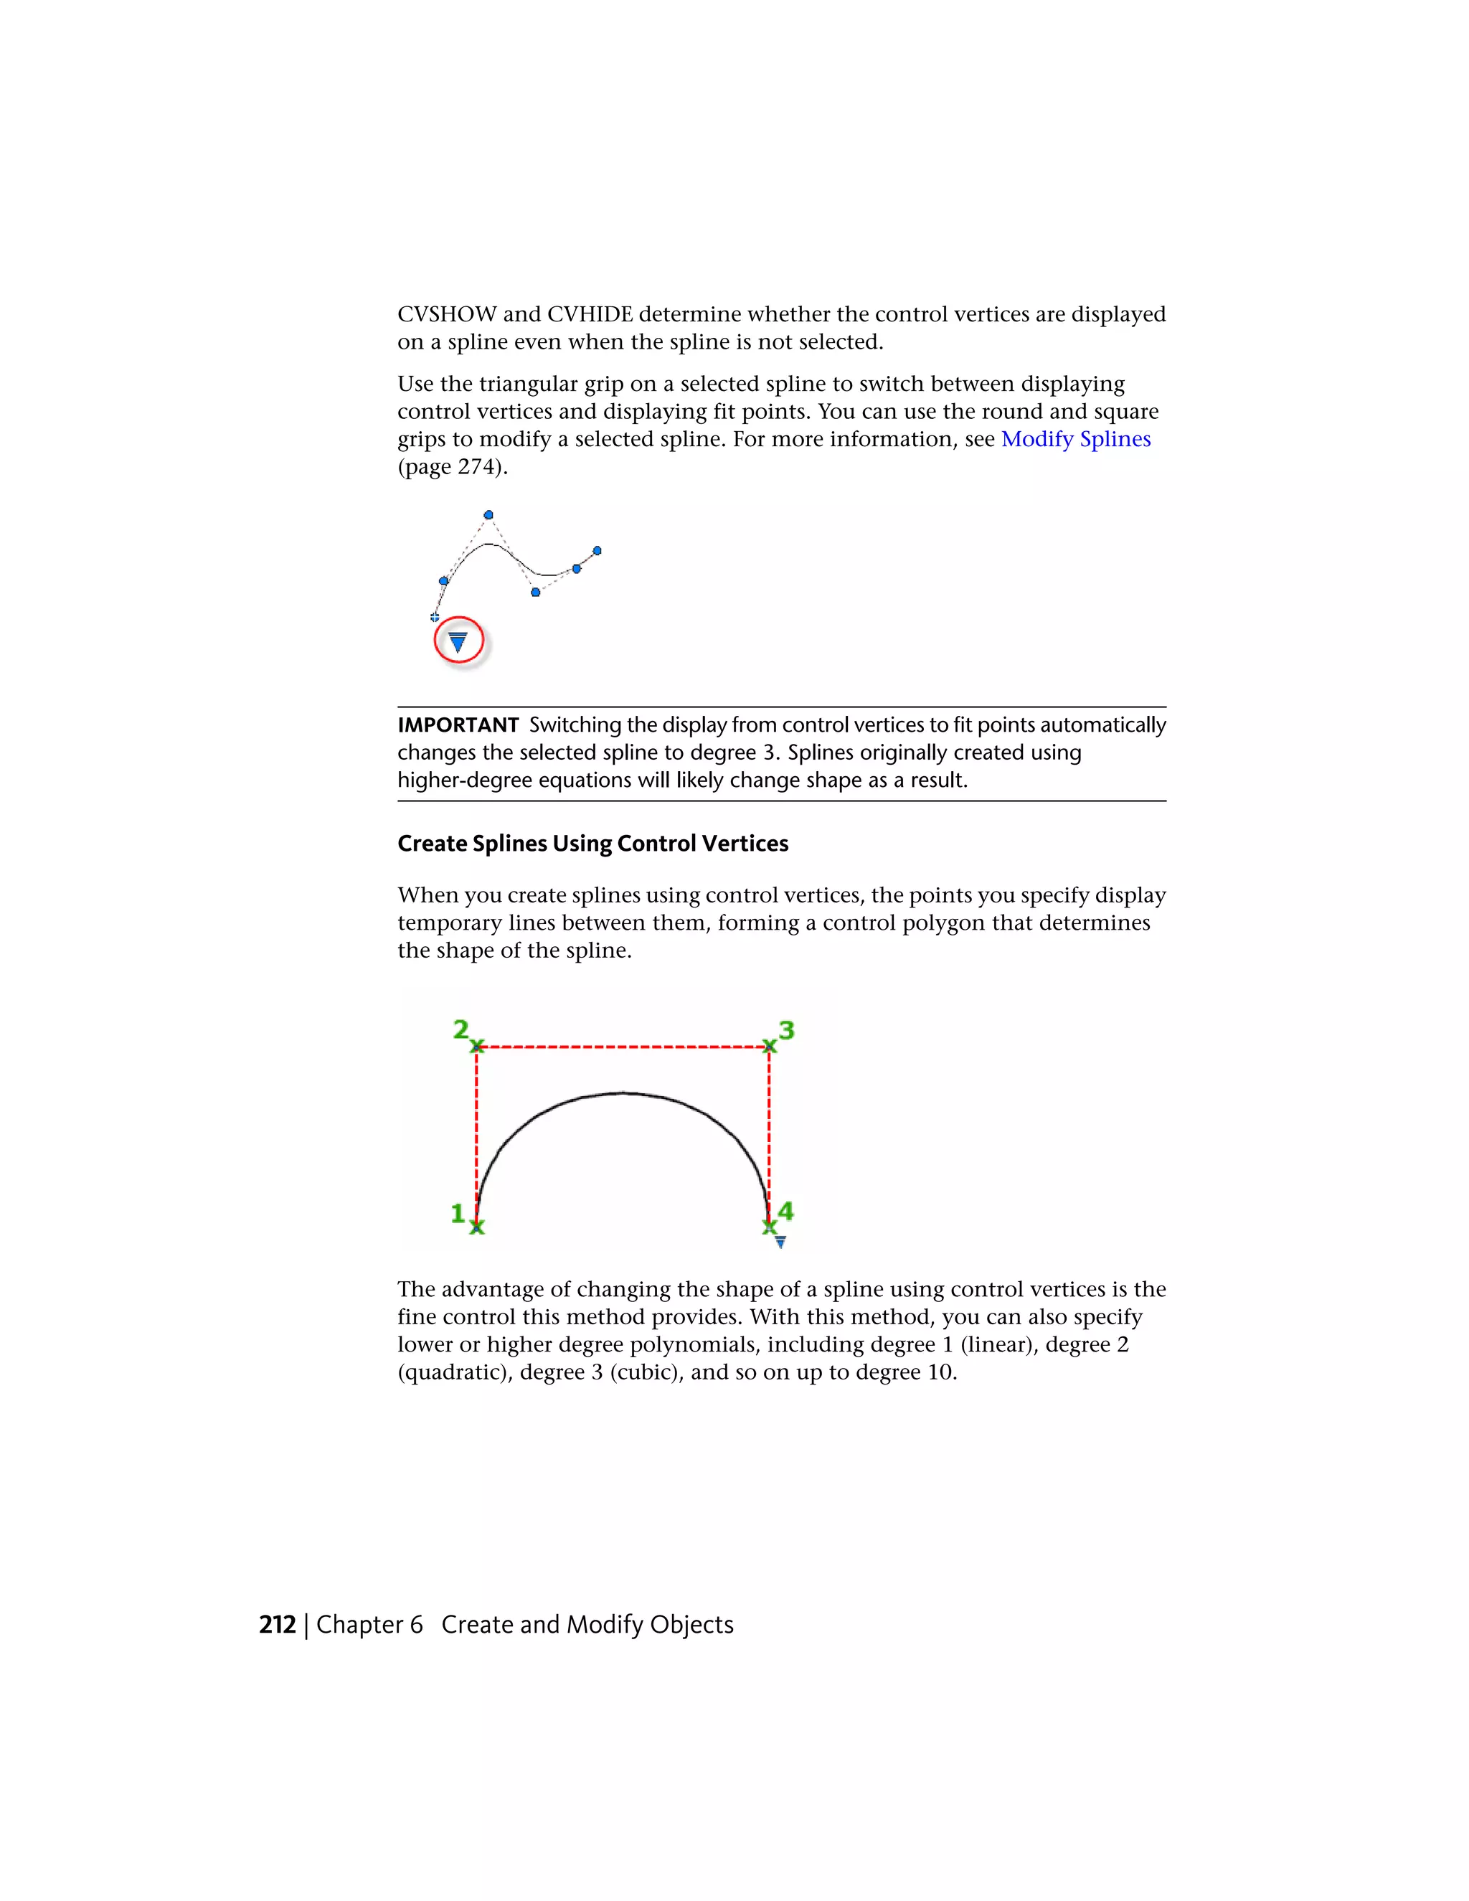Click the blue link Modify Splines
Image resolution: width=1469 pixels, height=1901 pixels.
1076,439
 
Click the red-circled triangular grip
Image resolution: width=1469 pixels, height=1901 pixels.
458,641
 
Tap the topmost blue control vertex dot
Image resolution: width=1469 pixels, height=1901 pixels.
488,515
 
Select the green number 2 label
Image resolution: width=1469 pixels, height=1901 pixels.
460,1029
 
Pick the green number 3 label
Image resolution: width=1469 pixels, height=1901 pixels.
786,1029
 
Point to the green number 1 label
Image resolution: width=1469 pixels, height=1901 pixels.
458,1212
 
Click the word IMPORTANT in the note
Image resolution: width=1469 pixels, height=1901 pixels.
458,725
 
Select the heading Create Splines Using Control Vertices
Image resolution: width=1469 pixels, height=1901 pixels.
592,844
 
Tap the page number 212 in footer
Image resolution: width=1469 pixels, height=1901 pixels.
277,1624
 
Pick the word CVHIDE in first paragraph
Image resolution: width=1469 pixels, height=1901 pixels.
589,314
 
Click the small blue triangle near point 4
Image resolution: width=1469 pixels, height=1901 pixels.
780,1242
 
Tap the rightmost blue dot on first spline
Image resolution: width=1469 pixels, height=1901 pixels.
597,550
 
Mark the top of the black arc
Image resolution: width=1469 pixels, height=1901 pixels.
623,1093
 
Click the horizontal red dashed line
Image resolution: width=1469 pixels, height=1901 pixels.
623,1047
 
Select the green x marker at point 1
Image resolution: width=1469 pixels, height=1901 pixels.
477,1227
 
